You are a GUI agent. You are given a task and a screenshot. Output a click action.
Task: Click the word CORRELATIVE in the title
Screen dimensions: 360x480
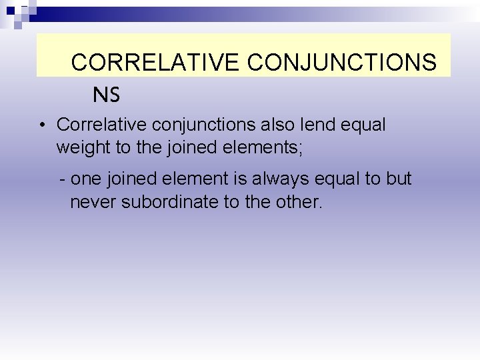point(155,62)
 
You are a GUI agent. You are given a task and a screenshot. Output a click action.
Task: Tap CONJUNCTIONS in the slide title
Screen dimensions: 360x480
point(342,62)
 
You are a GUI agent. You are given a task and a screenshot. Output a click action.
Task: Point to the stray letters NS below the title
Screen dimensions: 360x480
point(106,95)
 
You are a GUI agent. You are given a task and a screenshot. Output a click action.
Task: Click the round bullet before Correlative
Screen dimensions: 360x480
point(41,125)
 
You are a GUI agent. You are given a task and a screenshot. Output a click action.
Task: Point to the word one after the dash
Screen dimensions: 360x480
point(85,179)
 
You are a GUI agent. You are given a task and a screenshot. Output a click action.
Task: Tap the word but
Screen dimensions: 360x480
point(398,179)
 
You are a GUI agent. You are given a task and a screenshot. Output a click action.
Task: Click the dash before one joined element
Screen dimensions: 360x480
point(62,179)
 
